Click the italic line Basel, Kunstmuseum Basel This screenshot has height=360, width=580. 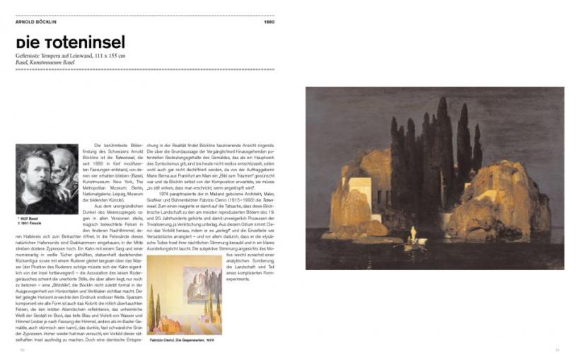point(44,62)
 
